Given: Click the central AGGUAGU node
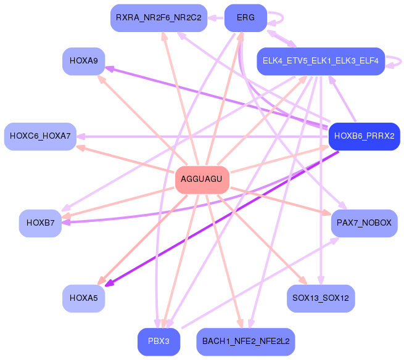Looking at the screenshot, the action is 202,179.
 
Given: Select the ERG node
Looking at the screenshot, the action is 245,17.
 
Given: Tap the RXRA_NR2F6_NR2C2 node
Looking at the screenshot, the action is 159,17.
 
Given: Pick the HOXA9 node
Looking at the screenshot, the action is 83,61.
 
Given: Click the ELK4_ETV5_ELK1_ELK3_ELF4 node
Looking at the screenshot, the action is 320,61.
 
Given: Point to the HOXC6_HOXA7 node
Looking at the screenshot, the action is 40,135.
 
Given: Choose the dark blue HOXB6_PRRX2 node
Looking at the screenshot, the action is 364,136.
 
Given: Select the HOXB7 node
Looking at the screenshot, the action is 40,222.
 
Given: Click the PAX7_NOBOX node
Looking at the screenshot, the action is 364,222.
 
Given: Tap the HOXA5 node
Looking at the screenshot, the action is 83,298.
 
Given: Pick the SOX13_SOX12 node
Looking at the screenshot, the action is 321,298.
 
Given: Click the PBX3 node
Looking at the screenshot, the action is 159,341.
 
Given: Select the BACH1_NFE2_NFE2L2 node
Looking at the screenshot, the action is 245,341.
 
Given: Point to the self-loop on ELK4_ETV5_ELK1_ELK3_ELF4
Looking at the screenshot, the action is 397,61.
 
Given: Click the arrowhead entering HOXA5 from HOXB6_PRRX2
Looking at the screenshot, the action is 109,284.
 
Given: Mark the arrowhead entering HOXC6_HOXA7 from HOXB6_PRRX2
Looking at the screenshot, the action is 81,136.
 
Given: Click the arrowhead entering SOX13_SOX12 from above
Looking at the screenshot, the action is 320,280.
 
